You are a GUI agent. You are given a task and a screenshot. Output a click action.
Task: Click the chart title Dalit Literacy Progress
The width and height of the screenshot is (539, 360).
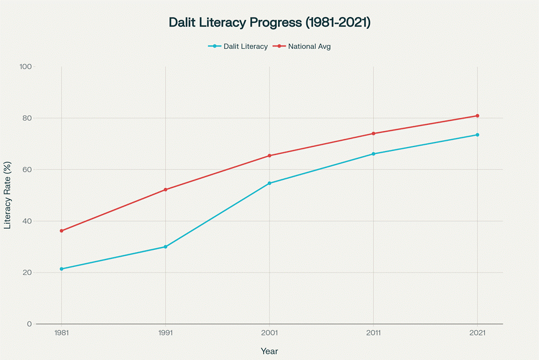pos(269,22)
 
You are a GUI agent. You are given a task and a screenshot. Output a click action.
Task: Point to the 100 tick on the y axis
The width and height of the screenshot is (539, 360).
pos(25,67)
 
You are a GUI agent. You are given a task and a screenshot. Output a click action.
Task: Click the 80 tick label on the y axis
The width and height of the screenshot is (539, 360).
pos(27,118)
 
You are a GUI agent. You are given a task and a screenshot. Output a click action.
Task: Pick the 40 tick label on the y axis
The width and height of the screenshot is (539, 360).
pos(27,221)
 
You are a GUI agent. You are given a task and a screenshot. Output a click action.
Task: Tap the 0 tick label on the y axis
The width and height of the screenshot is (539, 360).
pos(29,324)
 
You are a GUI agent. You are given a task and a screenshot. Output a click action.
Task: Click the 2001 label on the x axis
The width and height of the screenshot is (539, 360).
pos(269,334)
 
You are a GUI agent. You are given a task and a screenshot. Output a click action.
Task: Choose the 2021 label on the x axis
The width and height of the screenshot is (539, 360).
pos(477,334)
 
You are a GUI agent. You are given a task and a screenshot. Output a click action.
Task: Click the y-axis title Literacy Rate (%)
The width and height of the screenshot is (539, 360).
pos(8,195)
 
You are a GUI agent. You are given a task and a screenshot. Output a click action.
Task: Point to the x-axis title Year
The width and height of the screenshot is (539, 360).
pos(269,351)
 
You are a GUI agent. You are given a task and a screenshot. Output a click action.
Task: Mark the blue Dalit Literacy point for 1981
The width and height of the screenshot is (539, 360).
pos(61,269)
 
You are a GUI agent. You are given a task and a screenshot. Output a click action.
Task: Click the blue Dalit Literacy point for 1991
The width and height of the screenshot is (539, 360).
pos(166,247)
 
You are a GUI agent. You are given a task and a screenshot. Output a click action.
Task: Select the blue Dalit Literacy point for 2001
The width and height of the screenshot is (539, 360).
pos(269,183)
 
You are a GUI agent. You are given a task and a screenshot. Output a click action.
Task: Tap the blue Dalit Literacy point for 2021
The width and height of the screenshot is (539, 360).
pos(477,135)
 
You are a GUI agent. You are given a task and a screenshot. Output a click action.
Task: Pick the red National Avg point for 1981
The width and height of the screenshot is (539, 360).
pos(61,231)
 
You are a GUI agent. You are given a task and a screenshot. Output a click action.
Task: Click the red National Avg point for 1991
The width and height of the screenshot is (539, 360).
pos(166,190)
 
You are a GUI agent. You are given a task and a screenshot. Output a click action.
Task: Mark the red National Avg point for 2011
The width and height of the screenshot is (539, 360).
pos(373,133)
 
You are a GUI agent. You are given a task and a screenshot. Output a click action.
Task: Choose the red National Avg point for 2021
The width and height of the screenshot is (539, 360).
pos(477,116)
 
